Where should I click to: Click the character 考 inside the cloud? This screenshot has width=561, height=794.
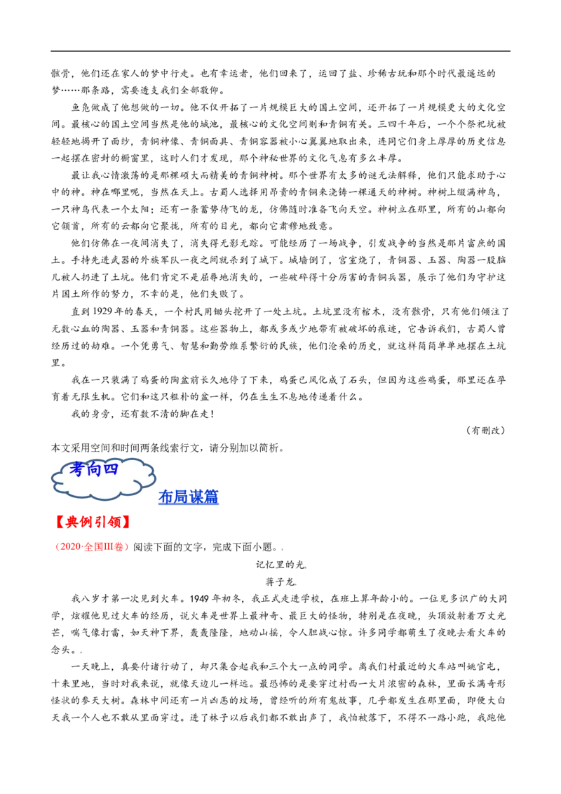[x=77, y=469]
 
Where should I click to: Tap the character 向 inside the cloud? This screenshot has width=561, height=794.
[x=94, y=469]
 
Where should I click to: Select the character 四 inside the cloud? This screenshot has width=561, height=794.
[x=111, y=469]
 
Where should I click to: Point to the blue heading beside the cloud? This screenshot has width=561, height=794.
[x=189, y=498]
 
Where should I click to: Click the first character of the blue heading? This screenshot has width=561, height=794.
[x=165, y=498]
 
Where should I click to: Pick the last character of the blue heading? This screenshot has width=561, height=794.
[x=212, y=498]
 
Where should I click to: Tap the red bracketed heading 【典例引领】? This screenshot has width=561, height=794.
[x=93, y=522]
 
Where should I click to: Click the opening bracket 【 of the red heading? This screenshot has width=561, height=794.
[x=60, y=522]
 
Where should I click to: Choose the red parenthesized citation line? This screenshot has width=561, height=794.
[x=93, y=546]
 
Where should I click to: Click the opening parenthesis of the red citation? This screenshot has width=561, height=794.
[x=58, y=546]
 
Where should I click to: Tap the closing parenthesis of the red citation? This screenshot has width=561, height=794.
[x=127, y=546]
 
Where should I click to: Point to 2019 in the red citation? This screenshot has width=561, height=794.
[x=69, y=546]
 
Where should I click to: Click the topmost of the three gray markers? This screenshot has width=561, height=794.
[x=283, y=549]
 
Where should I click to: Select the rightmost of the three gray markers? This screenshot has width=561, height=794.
[x=306, y=567]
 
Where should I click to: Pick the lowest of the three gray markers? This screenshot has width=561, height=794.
[x=295, y=586]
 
